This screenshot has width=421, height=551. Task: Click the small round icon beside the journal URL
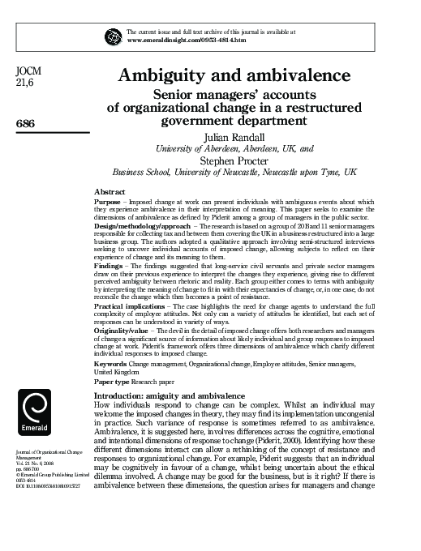point(112,34)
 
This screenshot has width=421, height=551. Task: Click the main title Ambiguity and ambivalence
point(234,76)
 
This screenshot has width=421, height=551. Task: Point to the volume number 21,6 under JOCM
point(25,83)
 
